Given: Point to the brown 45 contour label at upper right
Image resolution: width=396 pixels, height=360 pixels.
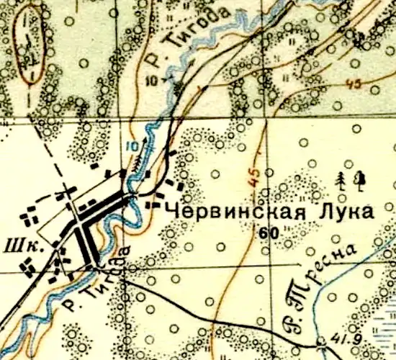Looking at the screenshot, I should coord(353,84).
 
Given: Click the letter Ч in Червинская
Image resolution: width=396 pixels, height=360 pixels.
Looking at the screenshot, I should coord(173,212).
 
